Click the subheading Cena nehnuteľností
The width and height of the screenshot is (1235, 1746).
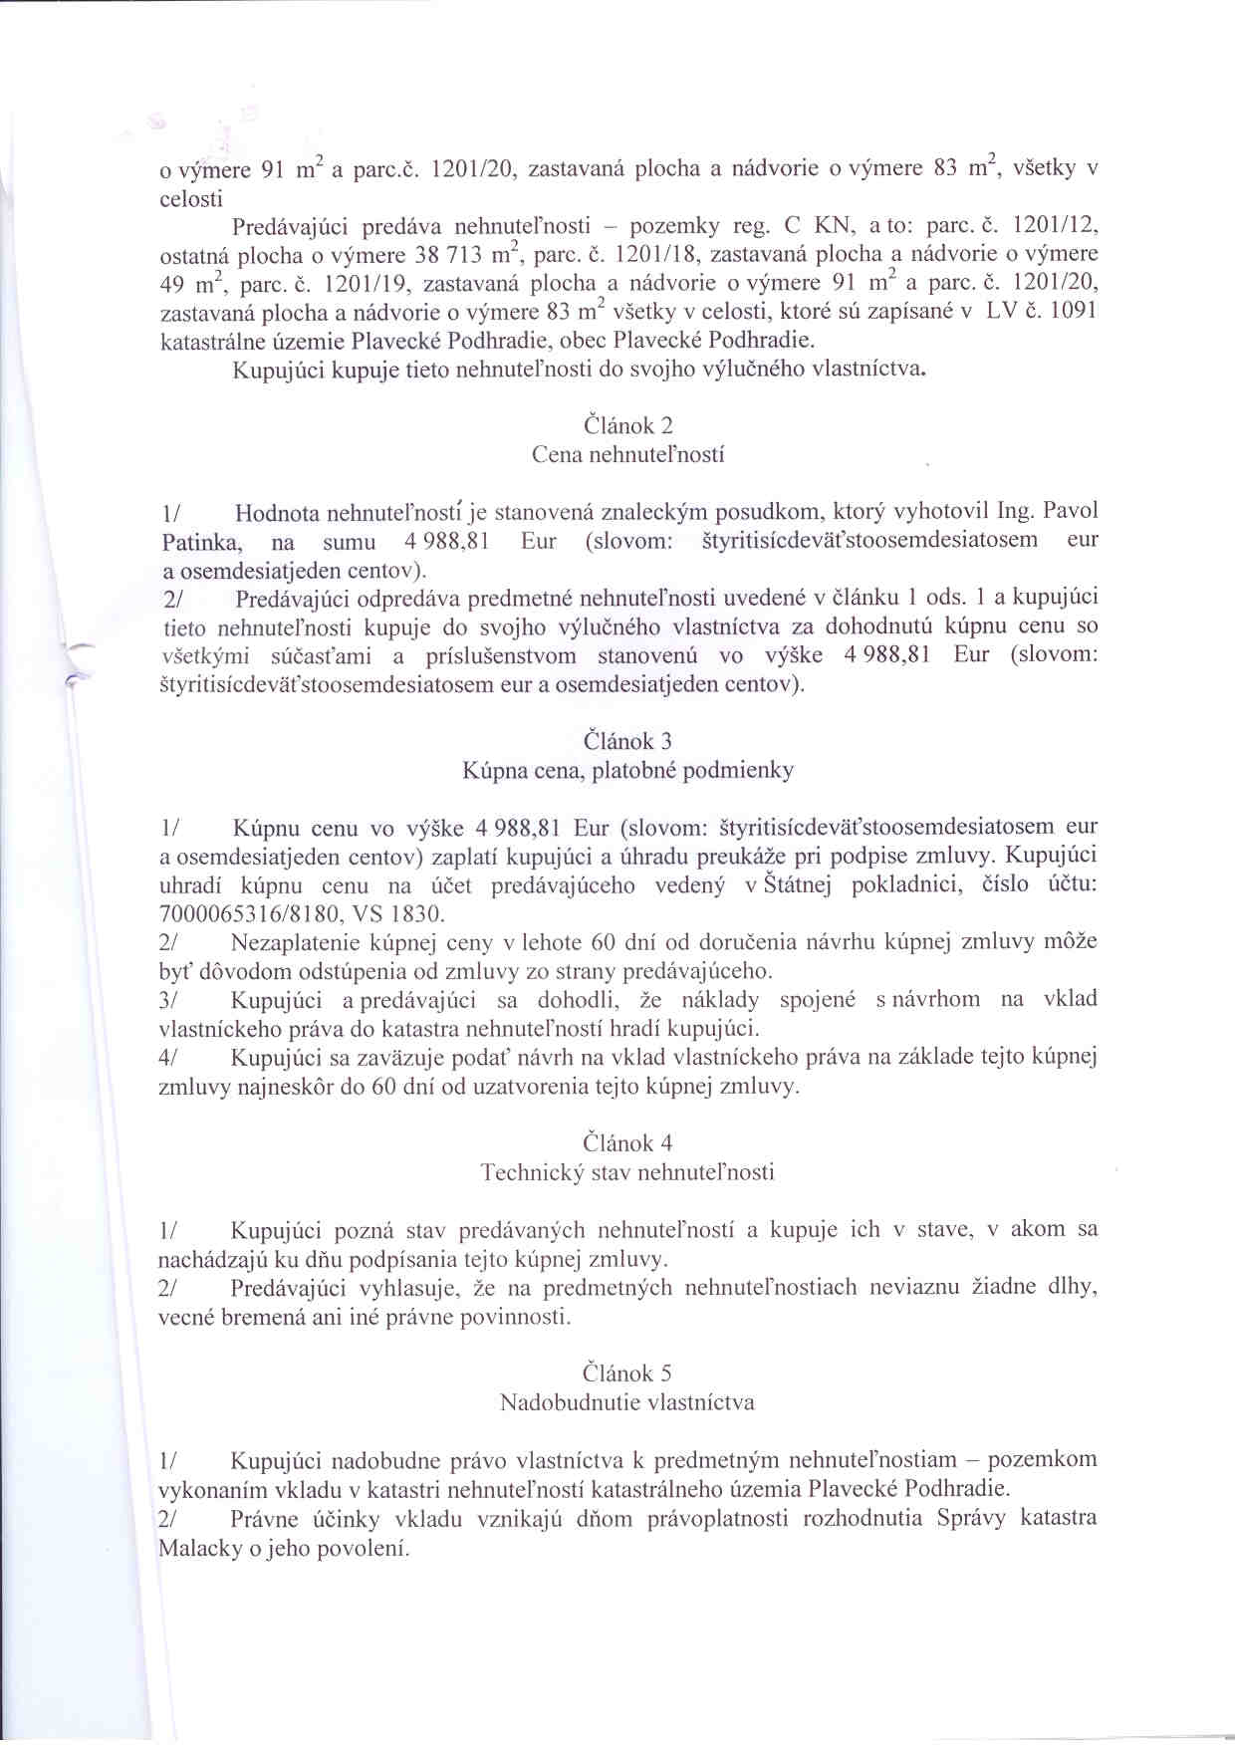click(x=627, y=455)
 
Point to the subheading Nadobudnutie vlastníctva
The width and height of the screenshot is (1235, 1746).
click(x=627, y=1402)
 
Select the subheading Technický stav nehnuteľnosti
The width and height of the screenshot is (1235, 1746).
click(x=627, y=1172)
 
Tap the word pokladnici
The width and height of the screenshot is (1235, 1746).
click(x=906, y=884)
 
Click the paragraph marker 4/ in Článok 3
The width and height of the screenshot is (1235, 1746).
click(x=167, y=1057)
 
